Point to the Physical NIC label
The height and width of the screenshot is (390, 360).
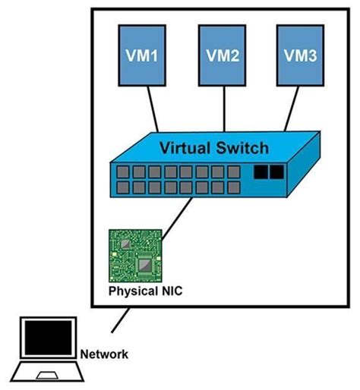[145, 291]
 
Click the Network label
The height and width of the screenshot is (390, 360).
[104, 353]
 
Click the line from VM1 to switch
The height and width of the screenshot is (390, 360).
[154, 109]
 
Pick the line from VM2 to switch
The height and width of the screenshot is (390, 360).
[224, 105]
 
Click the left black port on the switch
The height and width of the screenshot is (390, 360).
[261, 172]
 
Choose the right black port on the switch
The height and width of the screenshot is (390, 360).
[275, 172]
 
